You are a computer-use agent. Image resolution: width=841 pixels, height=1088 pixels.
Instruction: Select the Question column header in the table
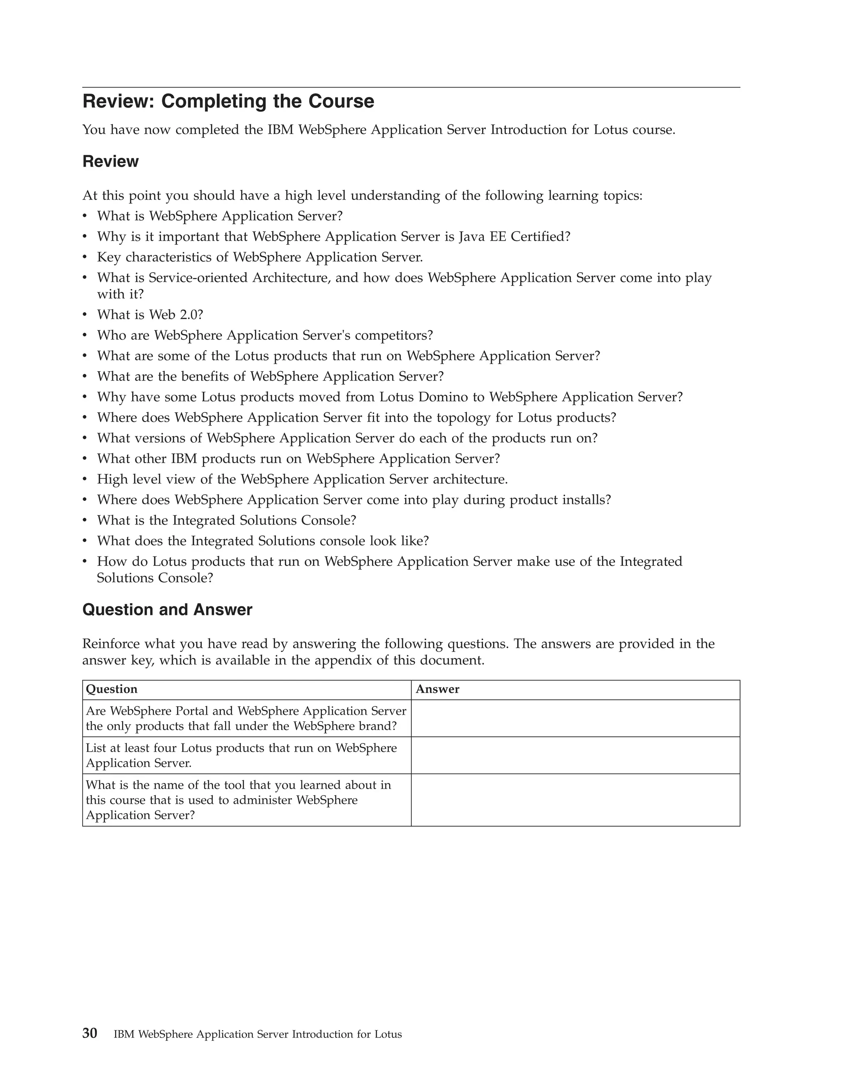112,689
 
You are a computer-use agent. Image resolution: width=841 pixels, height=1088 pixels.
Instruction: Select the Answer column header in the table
437,689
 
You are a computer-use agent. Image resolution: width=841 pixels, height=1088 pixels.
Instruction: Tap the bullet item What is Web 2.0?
150,315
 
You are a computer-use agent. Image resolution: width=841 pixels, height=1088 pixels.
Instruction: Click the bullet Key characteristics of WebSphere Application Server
260,257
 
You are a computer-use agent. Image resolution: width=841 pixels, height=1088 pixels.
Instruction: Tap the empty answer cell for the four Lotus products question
575,755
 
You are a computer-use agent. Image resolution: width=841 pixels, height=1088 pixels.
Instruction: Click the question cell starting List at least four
241,755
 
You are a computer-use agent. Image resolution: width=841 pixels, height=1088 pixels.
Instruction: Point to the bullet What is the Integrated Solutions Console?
226,520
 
